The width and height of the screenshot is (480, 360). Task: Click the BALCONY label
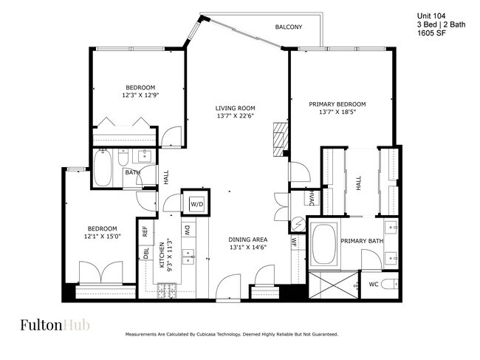click(289, 27)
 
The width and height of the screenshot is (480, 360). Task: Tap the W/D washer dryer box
click(197, 203)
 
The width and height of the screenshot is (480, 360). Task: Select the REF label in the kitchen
click(145, 230)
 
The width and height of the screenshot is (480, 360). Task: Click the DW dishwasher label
click(187, 230)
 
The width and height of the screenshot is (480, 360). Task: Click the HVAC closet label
click(312, 198)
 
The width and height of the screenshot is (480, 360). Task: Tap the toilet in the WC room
click(392, 283)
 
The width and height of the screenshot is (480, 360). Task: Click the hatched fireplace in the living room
click(278, 137)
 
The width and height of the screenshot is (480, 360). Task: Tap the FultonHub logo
click(50, 325)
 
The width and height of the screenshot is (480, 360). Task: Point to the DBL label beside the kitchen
click(145, 252)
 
